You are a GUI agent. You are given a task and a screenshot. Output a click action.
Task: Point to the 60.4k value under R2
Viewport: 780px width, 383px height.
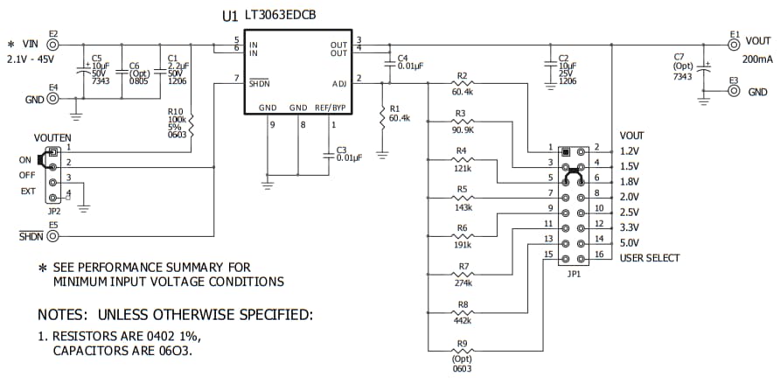pyautogui.click(x=463, y=91)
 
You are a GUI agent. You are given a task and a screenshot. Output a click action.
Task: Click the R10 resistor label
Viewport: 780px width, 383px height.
pyautogui.click(x=176, y=112)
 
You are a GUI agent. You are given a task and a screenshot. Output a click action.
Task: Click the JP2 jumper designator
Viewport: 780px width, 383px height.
pyautogui.click(x=53, y=212)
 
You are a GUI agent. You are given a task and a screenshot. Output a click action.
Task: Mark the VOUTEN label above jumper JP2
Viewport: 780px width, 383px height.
pyautogui.click(x=52, y=138)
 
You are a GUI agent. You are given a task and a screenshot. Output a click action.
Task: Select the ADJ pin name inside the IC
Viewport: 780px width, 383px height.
pyautogui.click(x=339, y=83)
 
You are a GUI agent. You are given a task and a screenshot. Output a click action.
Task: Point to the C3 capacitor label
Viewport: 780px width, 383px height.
pyautogui.click(x=342, y=150)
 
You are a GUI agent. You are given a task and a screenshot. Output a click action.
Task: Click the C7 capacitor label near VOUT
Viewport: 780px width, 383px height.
pyautogui.click(x=679, y=57)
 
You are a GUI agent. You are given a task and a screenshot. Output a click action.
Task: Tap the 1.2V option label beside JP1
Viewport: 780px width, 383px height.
pyautogui.click(x=630, y=150)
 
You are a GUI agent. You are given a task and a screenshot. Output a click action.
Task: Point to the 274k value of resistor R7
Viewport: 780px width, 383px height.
pyautogui.click(x=463, y=282)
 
